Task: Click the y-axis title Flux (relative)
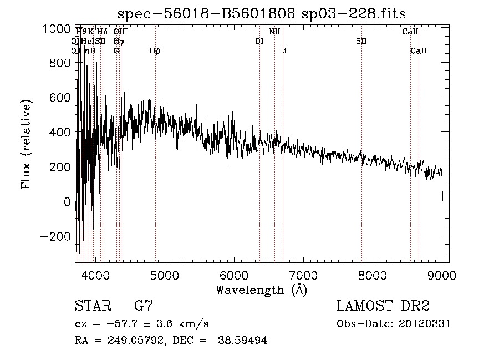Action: click(26, 144)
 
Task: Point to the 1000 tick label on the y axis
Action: click(57, 29)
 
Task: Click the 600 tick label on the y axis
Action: click(60, 98)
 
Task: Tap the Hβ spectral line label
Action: click(155, 51)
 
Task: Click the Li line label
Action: click(283, 51)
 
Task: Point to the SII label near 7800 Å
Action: click(361, 42)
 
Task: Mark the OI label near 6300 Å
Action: click(259, 42)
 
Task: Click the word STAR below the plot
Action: click(92, 306)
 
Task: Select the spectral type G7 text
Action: click(144, 306)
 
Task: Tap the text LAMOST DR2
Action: click(383, 306)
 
